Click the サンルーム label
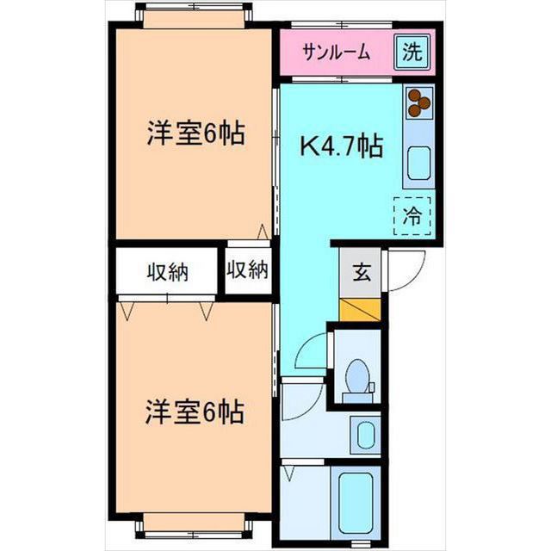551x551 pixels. [x=336, y=53]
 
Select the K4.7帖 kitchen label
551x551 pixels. [x=341, y=147]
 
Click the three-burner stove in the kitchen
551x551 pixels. [x=418, y=102]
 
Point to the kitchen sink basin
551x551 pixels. [x=418, y=163]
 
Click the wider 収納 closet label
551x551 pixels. [x=166, y=273]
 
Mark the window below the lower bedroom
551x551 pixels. [x=195, y=523]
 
